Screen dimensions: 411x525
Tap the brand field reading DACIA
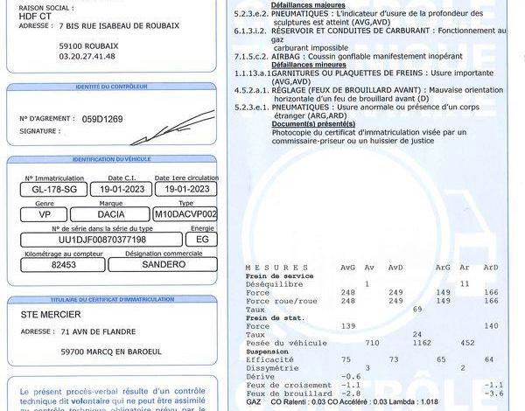[110, 213]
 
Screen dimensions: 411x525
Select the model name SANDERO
[163, 263]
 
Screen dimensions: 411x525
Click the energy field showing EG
[202, 239]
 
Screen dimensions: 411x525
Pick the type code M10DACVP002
[185, 213]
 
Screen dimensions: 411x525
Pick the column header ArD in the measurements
[490, 268]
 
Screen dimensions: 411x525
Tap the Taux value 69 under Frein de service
[417, 309]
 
